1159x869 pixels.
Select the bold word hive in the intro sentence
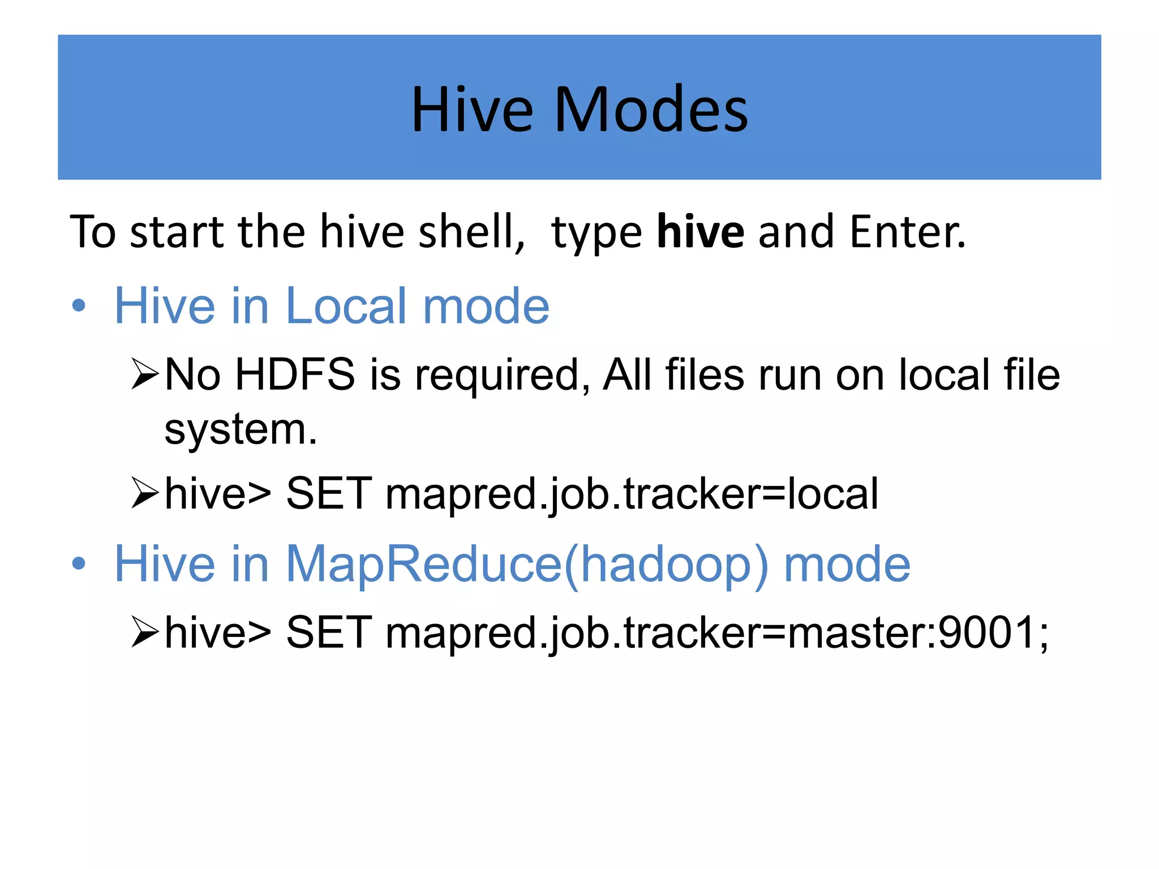(700, 231)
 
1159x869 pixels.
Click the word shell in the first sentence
(470, 231)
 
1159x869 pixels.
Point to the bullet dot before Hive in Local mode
(79, 306)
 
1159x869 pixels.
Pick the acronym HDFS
(295, 375)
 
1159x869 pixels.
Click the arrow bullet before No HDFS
(144, 374)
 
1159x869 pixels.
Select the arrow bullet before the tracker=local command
(144, 493)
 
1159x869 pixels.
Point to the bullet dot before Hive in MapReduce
(79, 563)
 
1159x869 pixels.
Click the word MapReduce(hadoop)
(526, 564)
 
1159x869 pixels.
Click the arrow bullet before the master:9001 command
(144, 632)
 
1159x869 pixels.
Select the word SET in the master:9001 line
(329, 632)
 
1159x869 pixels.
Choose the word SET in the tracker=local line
(329, 493)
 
